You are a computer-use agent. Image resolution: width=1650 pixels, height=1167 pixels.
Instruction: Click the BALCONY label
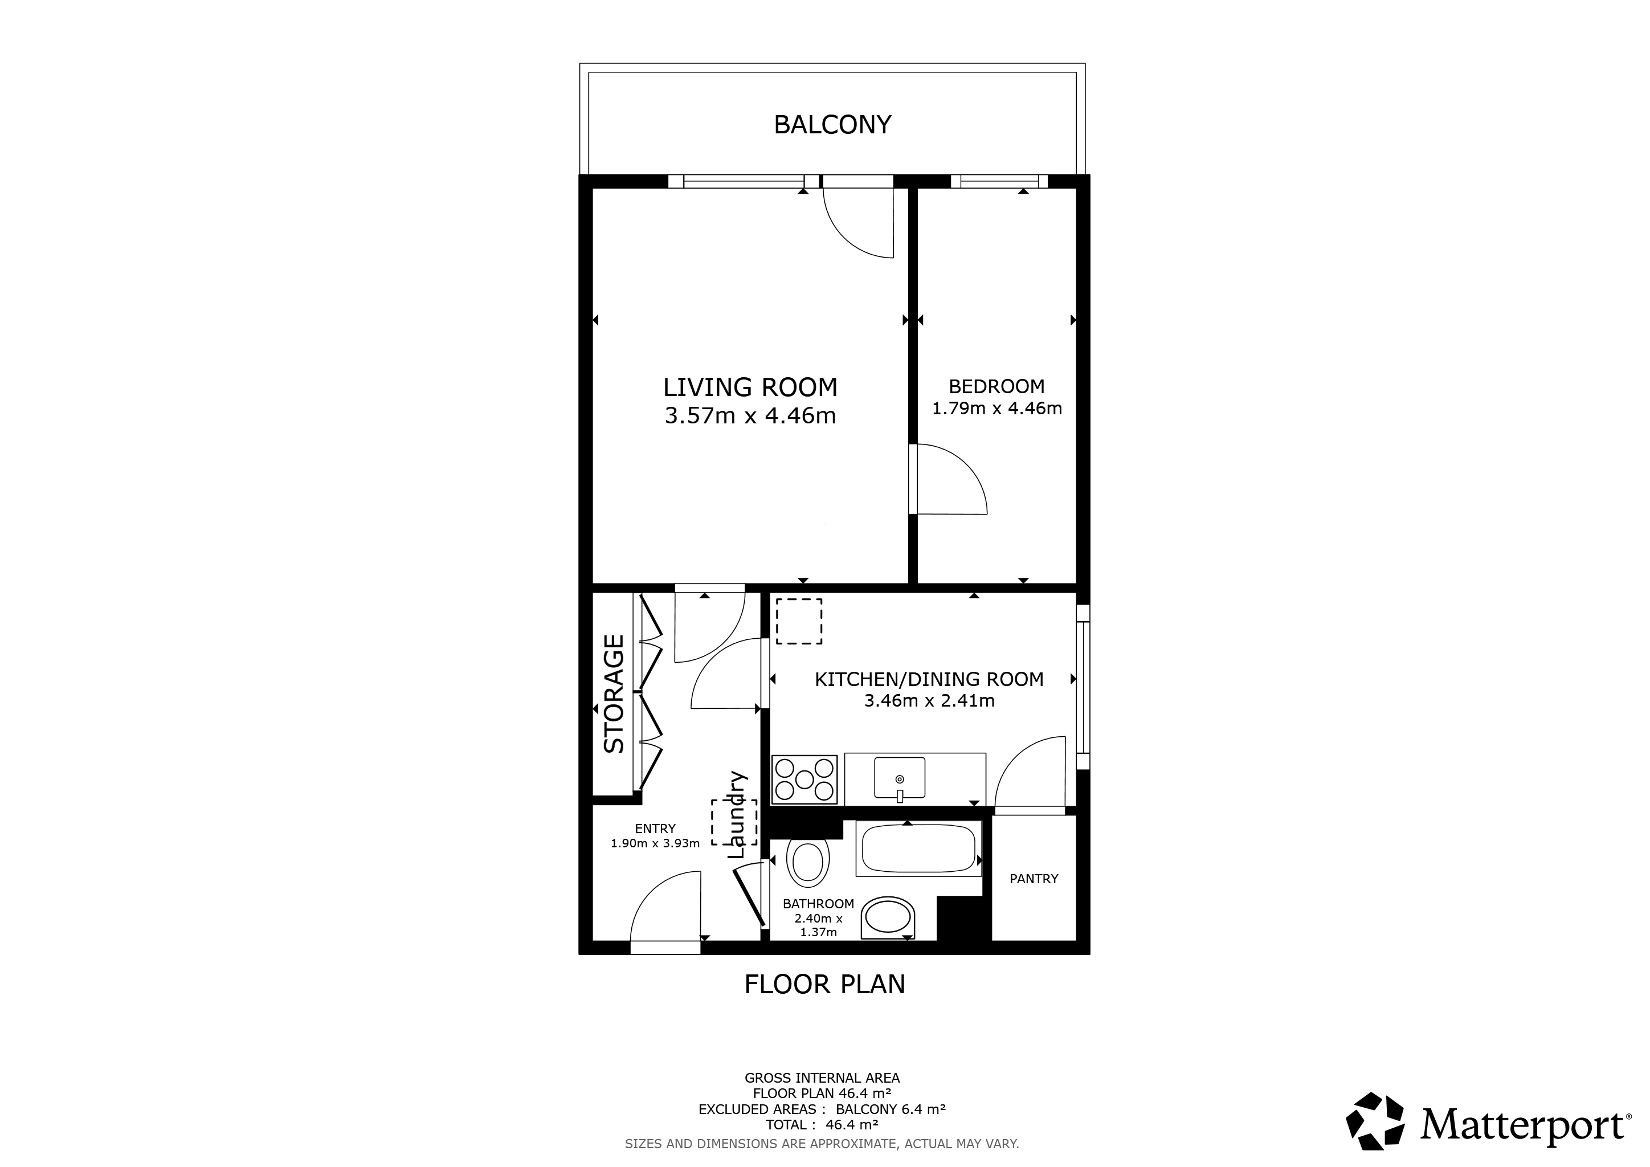tap(832, 124)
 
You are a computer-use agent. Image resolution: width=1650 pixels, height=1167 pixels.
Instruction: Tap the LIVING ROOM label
tap(750, 387)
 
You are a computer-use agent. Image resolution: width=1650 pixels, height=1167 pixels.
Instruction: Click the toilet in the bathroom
tap(808, 863)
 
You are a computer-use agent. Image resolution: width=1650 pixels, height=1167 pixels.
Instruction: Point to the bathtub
tap(918, 848)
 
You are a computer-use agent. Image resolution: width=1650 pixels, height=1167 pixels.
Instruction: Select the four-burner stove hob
tap(804, 779)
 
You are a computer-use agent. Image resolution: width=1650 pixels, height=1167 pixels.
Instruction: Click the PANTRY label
tap(1034, 878)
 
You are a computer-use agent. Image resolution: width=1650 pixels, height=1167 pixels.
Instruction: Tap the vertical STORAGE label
tap(614, 693)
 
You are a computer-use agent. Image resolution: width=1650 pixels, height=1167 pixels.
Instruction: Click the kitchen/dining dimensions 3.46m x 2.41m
tap(929, 701)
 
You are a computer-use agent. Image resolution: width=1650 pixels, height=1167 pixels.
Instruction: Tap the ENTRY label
tap(655, 829)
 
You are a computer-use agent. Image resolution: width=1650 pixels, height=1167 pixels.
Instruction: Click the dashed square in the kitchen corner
tap(799, 621)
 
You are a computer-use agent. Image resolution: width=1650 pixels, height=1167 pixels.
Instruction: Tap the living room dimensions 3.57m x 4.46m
tap(750, 416)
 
